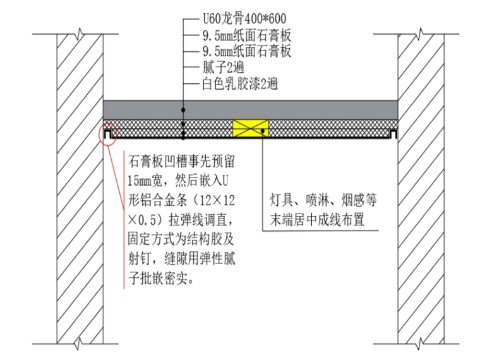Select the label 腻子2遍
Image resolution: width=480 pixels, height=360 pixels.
[x=219, y=67]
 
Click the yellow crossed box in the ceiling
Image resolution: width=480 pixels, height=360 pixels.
[x=251, y=129]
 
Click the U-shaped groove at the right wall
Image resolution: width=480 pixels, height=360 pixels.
[x=393, y=134]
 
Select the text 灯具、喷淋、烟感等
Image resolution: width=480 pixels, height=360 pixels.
[x=321, y=203]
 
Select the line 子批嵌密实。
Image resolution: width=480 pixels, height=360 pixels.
[x=161, y=277]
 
